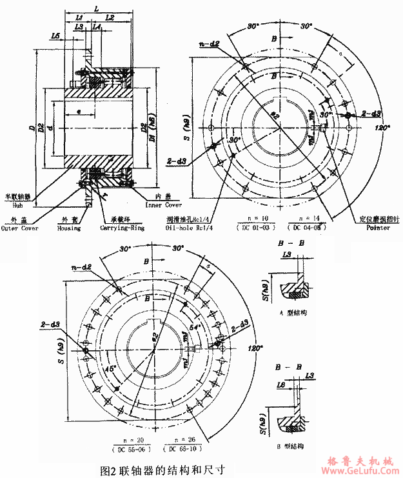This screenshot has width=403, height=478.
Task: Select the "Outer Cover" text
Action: pos(19,228)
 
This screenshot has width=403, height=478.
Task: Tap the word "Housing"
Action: pos(68,228)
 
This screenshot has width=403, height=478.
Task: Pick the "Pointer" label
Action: pos(377,228)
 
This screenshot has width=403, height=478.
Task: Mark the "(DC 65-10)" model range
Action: pos(185,448)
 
